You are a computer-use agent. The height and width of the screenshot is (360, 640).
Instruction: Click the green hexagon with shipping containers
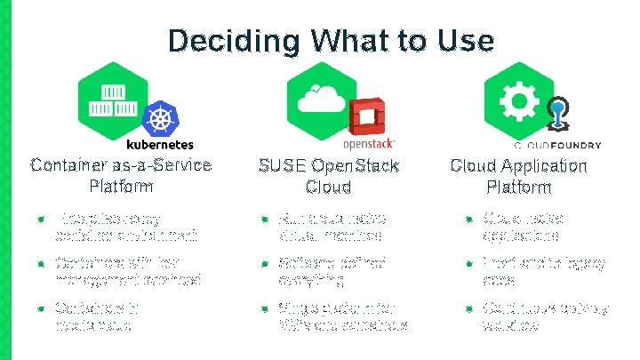tap(113, 98)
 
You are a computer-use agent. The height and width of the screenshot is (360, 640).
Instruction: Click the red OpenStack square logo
tap(364, 120)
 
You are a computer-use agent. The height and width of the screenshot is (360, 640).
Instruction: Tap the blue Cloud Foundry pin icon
tap(558, 116)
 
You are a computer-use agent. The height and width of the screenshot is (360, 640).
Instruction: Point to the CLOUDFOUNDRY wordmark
tap(558, 145)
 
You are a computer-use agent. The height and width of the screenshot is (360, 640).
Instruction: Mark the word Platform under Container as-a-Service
tap(121, 187)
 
